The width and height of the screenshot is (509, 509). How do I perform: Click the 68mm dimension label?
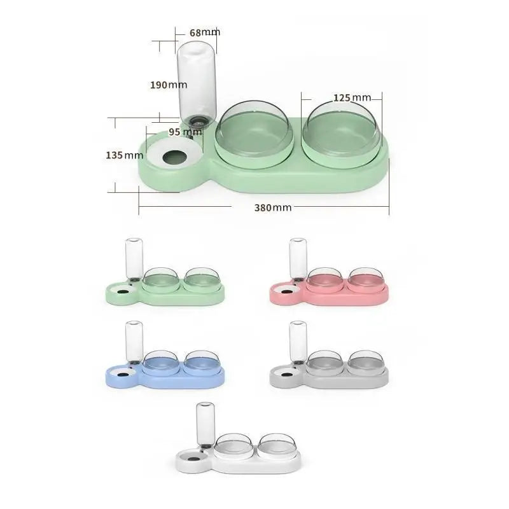click(204, 32)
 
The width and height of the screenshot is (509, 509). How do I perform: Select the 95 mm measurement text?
click(185, 132)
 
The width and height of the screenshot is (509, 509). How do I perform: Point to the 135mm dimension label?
click(124, 155)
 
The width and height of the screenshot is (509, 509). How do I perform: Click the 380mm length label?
click(273, 207)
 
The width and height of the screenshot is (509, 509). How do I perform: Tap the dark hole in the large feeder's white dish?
click(173, 157)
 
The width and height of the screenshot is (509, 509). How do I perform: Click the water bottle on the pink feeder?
click(297, 257)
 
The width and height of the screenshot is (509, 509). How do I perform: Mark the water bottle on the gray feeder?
click(297, 341)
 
